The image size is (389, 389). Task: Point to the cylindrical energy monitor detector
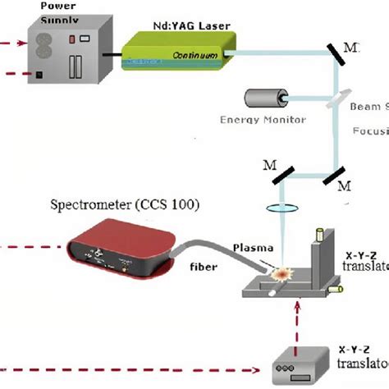[x=264, y=99]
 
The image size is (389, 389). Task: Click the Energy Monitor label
[x=263, y=120]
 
